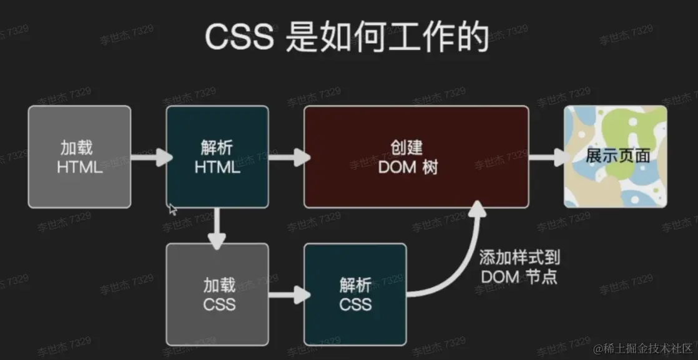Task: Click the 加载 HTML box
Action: pos(79,157)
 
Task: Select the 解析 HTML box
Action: pos(217,157)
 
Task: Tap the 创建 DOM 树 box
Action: pos(416,157)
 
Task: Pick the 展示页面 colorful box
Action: pos(616,157)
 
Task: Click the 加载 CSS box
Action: pos(217,294)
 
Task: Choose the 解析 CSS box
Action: pos(355,294)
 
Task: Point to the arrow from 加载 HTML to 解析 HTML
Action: pos(150,157)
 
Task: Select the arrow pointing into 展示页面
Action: pos(548,157)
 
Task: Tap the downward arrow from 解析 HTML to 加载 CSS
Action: pos(217,227)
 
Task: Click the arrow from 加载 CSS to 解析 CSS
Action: pos(288,295)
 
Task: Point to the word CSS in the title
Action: pos(239,38)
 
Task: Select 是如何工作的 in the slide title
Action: pos(387,38)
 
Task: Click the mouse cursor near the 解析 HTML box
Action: pos(172,210)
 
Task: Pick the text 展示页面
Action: pos(617,156)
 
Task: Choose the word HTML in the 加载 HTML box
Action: pos(79,167)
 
